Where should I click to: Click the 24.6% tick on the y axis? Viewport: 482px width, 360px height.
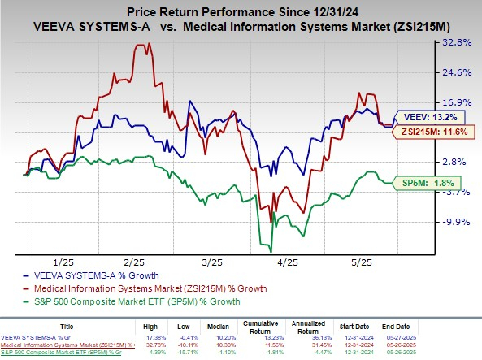click(x=458, y=72)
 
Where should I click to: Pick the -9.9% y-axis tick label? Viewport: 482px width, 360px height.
click(x=458, y=221)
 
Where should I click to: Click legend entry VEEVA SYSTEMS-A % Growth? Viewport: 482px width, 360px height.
click(x=78, y=276)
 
